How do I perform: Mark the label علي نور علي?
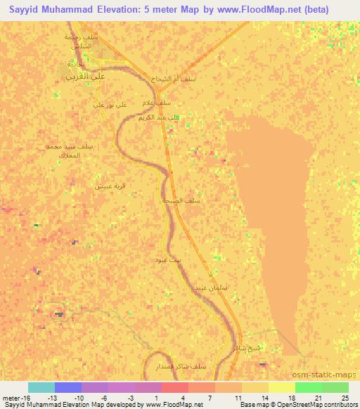pyautogui.click(x=110, y=105)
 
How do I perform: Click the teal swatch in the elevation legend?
pyautogui.click(x=41, y=387)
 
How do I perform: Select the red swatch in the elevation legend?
pyautogui.click(x=175, y=387)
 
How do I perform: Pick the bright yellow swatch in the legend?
pyautogui.click(x=282, y=387)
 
